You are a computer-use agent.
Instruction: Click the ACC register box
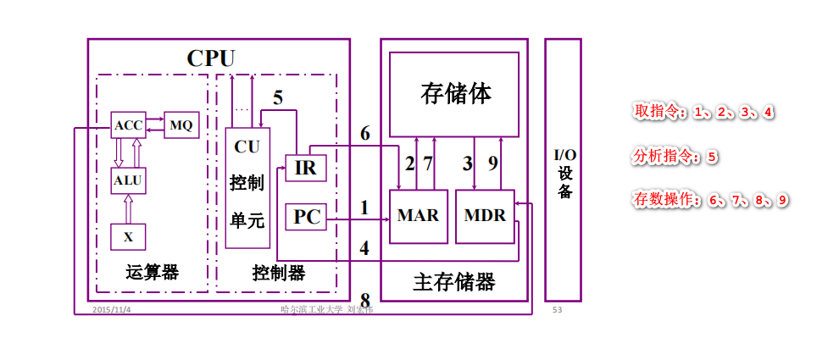[128, 125]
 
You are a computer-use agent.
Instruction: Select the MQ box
[181, 125]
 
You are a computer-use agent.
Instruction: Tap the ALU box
[128, 180]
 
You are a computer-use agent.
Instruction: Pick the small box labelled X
[128, 236]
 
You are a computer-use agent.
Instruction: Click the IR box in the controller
[305, 168]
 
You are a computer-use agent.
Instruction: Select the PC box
[305, 218]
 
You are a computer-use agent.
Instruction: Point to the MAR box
[418, 216]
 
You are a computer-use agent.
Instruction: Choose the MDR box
[485, 216]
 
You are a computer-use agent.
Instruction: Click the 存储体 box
[454, 93]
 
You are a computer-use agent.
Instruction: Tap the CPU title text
[211, 58]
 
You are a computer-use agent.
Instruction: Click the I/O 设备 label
[564, 174]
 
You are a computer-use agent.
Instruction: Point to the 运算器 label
[152, 273]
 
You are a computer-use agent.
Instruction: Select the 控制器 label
[278, 273]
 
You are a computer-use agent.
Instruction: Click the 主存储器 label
[454, 281]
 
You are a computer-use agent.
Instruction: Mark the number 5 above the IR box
[278, 98]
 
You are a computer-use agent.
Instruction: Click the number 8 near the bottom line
[365, 300]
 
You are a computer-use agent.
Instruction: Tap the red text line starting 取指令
[703, 112]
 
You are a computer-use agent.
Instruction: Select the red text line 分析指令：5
[675, 157]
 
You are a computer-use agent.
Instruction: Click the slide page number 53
[557, 310]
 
